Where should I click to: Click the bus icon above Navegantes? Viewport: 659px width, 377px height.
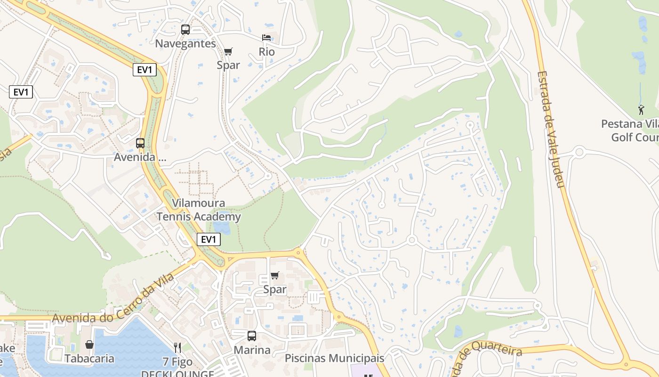tap(185, 30)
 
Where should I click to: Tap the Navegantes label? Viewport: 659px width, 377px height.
tap(185, 44)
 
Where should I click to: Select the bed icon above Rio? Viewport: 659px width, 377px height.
tap(266, 38)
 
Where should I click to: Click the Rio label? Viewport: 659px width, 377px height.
tap(266, 51)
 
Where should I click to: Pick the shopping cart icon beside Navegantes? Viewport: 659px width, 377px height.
tap(228, 51)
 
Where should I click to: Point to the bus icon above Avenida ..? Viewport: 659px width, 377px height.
tap(140, 143)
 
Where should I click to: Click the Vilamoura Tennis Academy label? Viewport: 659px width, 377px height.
tap(199, 210)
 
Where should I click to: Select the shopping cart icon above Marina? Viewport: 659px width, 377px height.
tap(275, 275)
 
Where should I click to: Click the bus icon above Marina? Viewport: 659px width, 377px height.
tap(252, 336)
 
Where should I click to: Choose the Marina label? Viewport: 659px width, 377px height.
tap(252, 350)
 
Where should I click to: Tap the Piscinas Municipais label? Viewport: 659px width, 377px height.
tap(334, 358)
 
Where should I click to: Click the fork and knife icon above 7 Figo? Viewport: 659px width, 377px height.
tap(177, 348)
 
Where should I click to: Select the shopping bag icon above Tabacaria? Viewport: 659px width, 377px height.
tap(89, 344)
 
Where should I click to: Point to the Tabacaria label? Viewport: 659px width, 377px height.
tap(89, 359)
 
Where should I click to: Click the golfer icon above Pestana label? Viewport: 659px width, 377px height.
tap(641, 110)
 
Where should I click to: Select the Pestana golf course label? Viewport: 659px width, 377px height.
tap(631, 131)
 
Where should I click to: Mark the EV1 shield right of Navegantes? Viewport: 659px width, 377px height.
tap(145, 70)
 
